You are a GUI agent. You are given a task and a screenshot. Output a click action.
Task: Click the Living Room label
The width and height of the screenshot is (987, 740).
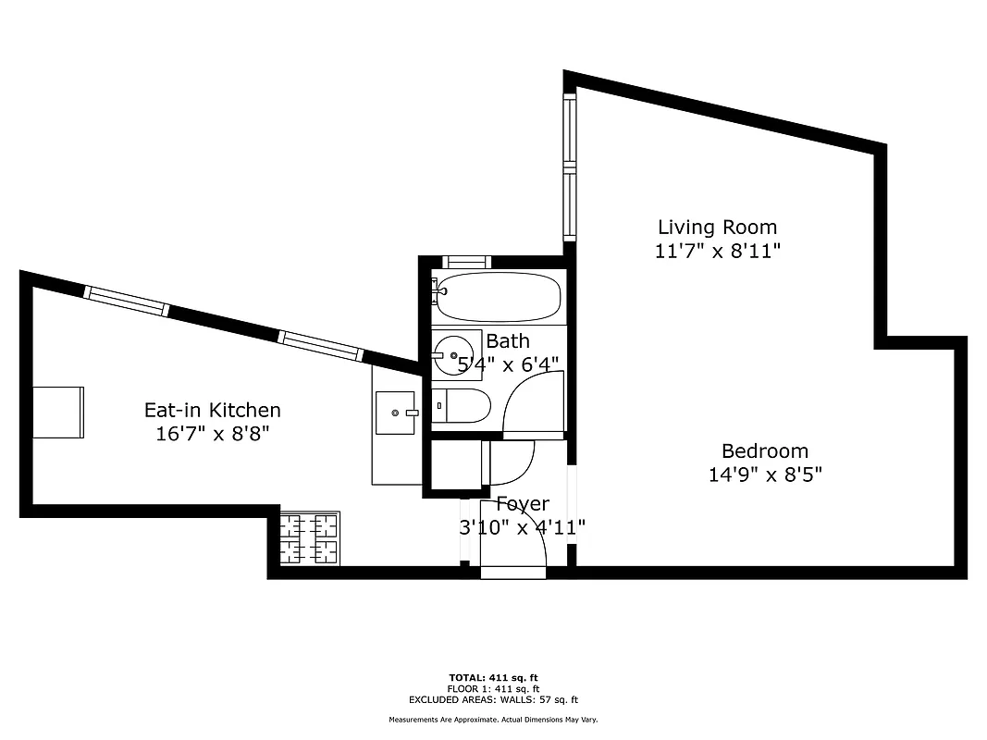717,227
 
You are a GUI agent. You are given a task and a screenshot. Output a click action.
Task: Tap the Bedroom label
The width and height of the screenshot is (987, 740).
764,451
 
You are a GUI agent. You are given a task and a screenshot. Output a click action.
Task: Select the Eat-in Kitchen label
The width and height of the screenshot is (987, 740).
212,410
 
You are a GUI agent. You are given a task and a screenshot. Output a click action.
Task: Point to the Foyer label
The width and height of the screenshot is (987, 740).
523,504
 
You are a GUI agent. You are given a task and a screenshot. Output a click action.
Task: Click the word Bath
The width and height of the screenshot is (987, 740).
508,341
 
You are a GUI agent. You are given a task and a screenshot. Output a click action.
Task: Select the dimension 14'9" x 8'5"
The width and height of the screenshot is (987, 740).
764,475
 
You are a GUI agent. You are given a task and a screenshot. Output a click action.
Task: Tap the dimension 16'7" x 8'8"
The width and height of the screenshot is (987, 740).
212,433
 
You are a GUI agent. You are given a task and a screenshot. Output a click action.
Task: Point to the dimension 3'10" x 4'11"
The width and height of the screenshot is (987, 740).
523,527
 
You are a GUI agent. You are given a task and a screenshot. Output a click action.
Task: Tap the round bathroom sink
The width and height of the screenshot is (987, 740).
454,353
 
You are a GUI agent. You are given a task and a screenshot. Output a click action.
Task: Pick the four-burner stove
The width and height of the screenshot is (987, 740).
310,540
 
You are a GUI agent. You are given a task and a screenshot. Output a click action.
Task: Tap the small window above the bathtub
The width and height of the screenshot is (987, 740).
466,262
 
